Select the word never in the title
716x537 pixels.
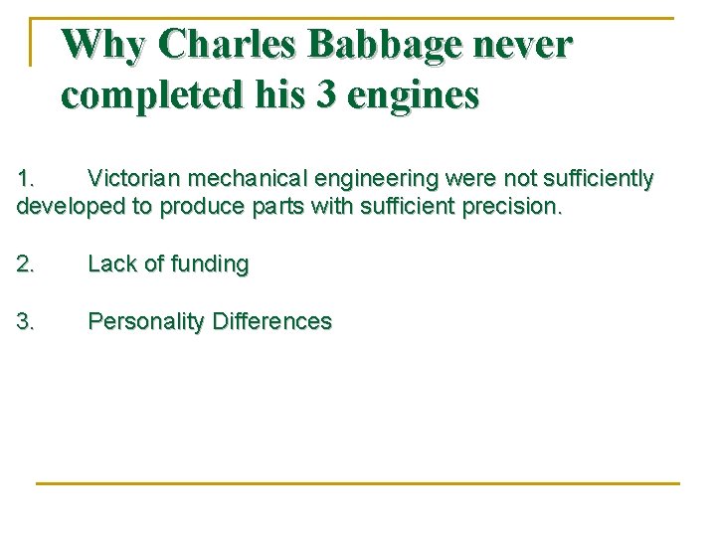[535, 45]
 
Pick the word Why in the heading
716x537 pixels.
[103, 45]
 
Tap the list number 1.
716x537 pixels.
[26, 179]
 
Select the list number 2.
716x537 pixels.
[26, 265]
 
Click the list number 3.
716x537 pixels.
[26, 322]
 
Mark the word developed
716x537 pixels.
[63, 207]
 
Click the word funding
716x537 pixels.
[210, 265]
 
